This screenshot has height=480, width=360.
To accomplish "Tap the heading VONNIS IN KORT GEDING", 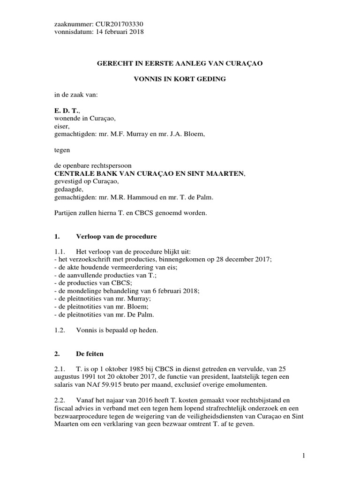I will coord(180,79).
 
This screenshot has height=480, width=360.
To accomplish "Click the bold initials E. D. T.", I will coord(67,111).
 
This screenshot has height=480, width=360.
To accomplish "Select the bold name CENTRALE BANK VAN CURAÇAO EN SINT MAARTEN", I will coord(150,173).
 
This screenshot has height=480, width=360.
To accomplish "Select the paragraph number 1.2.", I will coord(60,330).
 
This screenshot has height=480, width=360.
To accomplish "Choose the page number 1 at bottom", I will coord(304,455).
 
